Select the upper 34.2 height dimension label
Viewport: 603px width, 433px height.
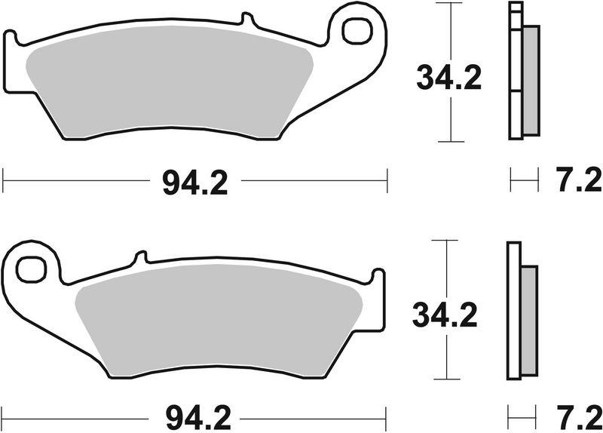[450, 78]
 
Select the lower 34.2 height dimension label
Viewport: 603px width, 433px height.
[445, 315]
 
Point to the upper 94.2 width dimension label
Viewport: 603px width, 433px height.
[195, 182]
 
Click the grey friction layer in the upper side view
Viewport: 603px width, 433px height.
[531, 79]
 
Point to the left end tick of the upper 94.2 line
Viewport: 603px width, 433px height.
[4, 181]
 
